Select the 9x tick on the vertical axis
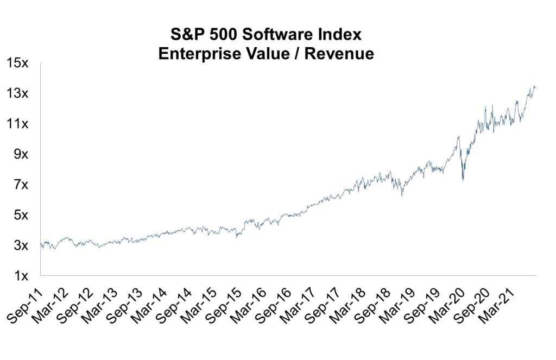click(21, 154)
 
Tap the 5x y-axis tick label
click(21, 215)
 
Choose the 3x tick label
click(21, 245)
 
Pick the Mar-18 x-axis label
click(344, 304)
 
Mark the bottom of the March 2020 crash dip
click(463, 180)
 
